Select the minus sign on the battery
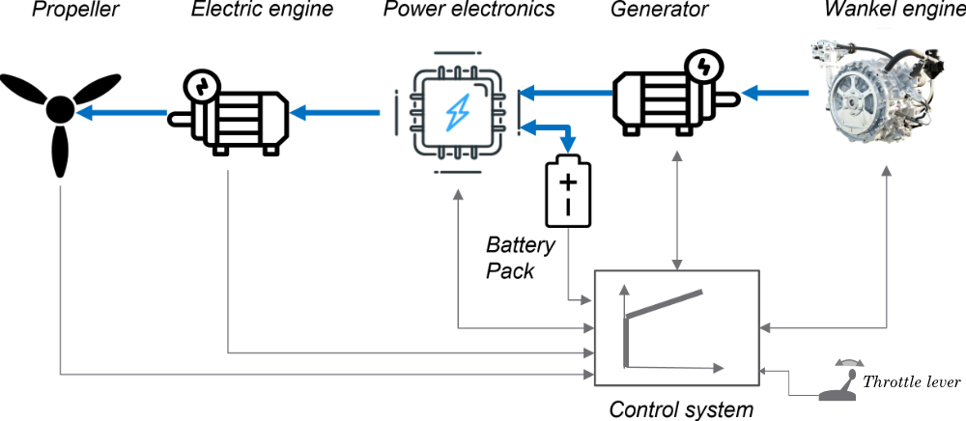[570, 207]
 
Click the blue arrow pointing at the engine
[778, 93]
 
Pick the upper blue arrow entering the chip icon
[565, 93]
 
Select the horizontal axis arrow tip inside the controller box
[721, 367]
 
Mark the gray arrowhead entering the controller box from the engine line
[767, 328]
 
